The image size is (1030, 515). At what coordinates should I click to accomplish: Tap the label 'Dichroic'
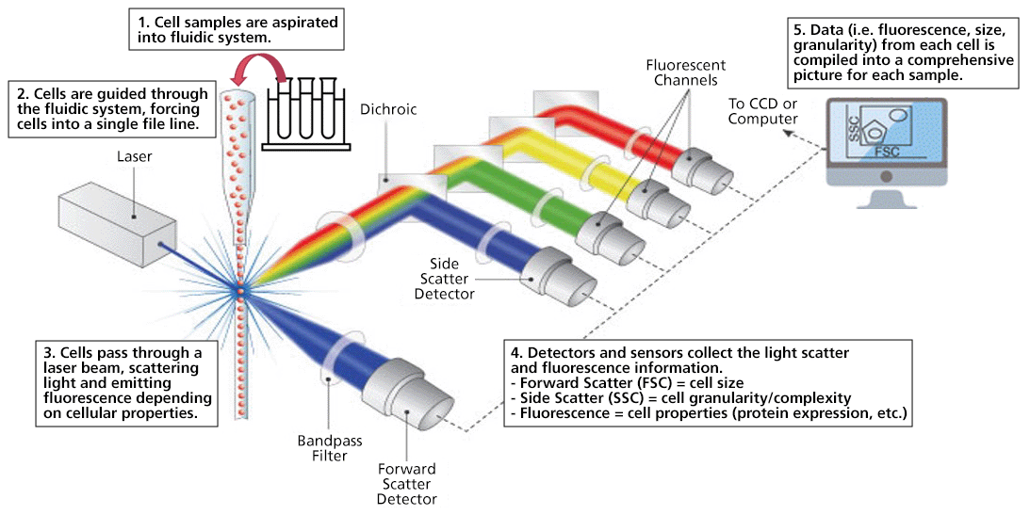pos(383,109)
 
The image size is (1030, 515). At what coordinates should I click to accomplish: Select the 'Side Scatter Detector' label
pos(444,281)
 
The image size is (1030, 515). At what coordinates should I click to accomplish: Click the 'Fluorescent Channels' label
pos(685,75)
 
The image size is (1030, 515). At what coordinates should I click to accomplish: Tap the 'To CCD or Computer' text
pos(764,111)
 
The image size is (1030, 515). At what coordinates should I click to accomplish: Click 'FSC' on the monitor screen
pos(885,151)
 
